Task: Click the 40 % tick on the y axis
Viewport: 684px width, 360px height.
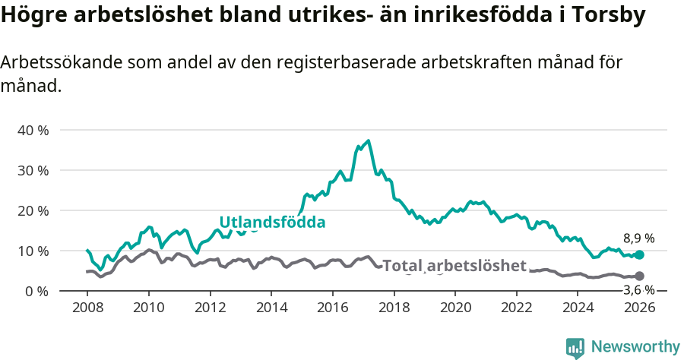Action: (33, 130)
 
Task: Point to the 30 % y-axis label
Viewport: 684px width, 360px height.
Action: (33, 170)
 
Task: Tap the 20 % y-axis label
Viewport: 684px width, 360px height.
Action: (33, 210)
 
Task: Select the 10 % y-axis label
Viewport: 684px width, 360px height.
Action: (33, 251)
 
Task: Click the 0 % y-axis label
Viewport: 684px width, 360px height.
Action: (36, 291)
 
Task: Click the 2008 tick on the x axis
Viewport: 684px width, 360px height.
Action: (87, 308)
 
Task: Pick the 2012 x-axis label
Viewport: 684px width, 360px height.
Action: (210, 308)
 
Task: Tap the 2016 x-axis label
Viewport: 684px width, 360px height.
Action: (332, 308)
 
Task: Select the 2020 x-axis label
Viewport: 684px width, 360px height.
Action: (455, 308)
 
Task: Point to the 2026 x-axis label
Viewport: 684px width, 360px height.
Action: (639, 308)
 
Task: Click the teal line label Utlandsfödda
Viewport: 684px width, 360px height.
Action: (272, 223)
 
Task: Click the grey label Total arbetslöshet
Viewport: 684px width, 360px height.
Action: (454, 266)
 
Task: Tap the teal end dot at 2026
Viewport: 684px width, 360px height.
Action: (639, 255)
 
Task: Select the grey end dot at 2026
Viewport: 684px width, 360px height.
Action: (639, 276)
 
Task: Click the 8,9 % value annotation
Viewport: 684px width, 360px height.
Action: (638, 238)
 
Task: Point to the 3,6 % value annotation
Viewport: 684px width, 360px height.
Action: (638, 290)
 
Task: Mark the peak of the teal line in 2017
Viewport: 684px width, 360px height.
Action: (369, 141)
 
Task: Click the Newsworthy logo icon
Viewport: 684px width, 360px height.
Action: (575, 347)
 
